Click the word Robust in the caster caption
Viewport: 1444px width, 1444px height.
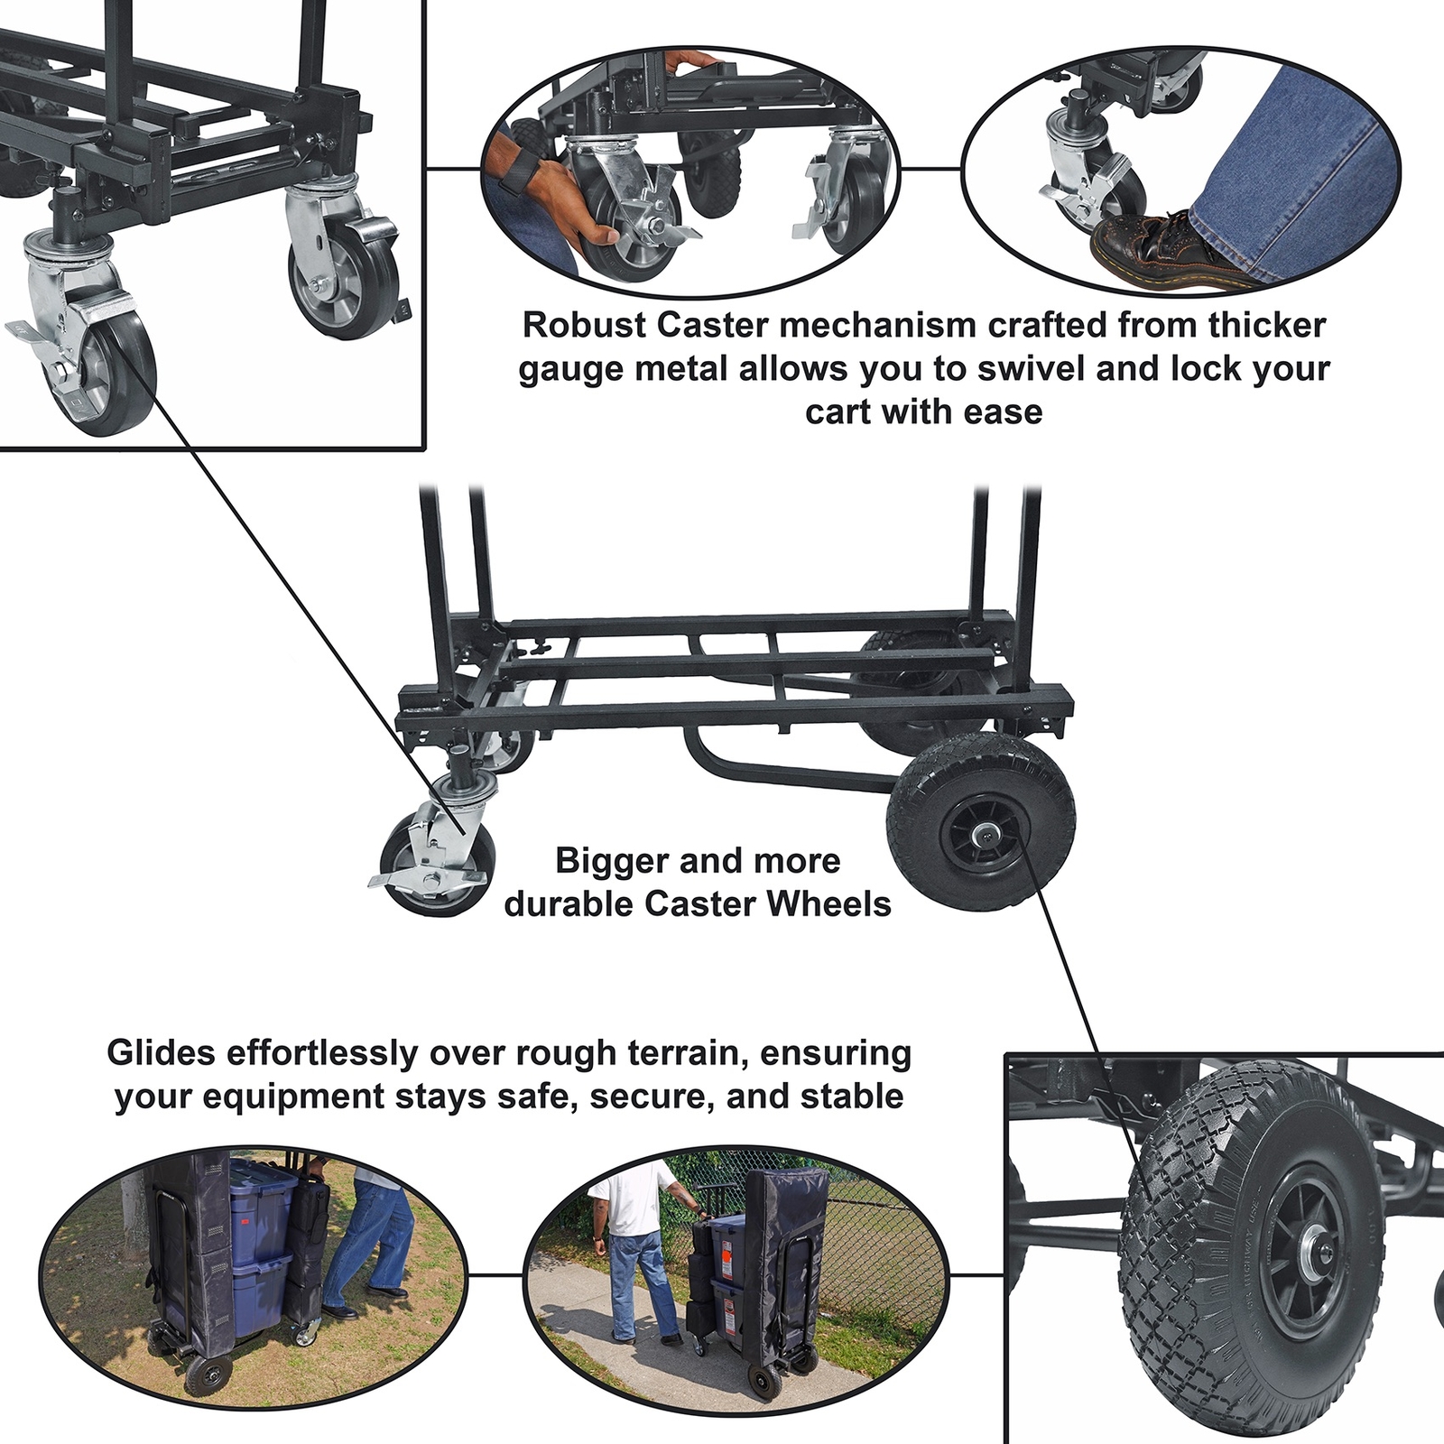585,325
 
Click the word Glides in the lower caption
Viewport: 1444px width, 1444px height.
161,1052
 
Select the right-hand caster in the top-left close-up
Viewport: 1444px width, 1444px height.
338,262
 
